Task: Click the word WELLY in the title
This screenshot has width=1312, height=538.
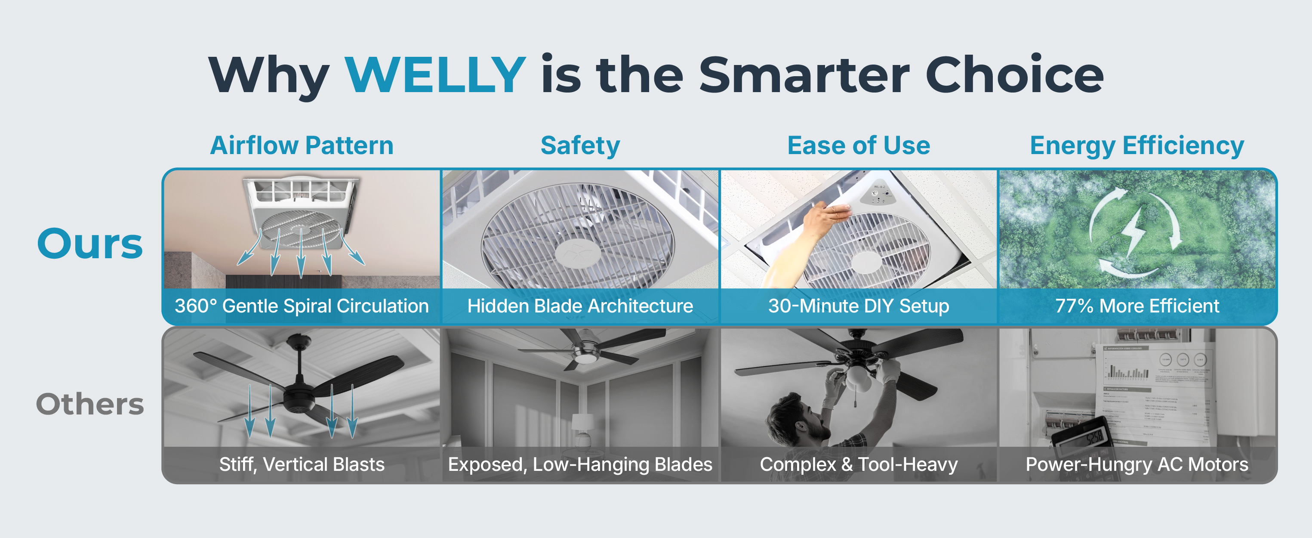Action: pyautogui.click(x=435, y=75)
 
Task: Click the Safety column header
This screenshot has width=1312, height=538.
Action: pyautogui.click(x=580, y=146)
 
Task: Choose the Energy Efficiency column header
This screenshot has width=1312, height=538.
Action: pyautogui.click(x=1137, y=146)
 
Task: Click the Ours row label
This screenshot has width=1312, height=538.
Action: pyautogui.click(x=90, y=244)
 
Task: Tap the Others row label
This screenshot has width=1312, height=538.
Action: pyautogui.click(x=90, y=404)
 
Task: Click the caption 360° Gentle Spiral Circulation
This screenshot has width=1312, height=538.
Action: pyautogui.click(x=302, y=306)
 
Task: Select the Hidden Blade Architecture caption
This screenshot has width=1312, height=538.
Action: pyautogui.click(x=580, y=306)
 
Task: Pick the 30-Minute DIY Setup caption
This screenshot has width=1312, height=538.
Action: pyautogui.click(x=859, y=306)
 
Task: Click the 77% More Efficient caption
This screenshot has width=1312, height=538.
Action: pyautogui.click(x=1137, y=306)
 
